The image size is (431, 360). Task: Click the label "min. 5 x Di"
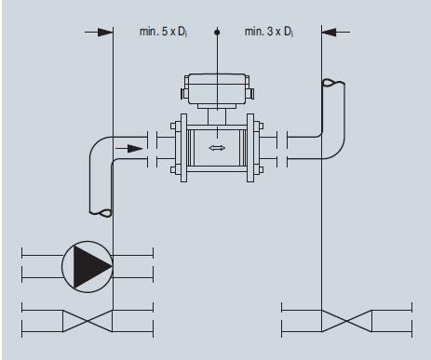163,32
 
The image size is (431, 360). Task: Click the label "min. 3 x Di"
269,32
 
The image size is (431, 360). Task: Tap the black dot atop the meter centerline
217,32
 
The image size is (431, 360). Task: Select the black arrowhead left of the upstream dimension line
105,32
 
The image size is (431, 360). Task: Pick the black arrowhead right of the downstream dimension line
329,32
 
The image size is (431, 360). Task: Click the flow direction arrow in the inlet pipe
129,149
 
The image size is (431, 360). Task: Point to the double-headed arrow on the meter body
217,148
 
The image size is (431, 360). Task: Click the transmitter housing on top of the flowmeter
217,88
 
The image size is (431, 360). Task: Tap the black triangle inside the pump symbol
92,266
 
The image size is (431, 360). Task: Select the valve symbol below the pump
88,321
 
